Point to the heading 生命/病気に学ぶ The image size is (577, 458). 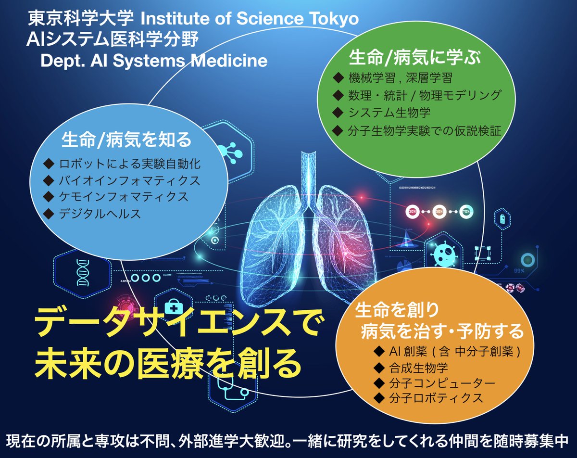pos(414,58)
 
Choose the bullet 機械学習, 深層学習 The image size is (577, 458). pos(400,77)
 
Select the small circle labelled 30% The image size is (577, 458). pos(413,211)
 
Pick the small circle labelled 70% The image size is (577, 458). pos(465,211)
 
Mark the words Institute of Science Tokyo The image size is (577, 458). pos(250,19)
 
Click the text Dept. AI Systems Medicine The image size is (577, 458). pos(154,61)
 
